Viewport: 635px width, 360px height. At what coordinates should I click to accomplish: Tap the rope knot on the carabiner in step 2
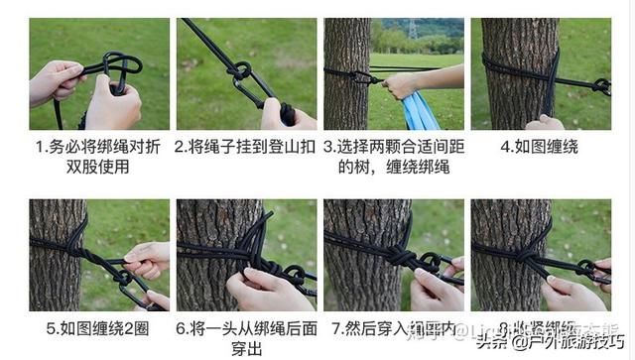tap(239, 71)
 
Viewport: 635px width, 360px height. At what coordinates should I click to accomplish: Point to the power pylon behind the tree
tap(413, 29)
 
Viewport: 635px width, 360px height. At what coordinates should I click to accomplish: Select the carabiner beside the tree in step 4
tap(599, 86)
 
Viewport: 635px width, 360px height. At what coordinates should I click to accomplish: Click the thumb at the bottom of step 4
tap(544, 123)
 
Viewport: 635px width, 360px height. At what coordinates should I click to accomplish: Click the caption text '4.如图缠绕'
tap(541, 147)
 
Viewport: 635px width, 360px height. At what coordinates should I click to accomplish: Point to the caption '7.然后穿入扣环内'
tap(394, 327)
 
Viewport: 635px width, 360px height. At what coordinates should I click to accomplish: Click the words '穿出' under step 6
tap(246, 348)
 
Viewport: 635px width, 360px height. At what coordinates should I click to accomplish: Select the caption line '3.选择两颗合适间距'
tap(394, 147)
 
